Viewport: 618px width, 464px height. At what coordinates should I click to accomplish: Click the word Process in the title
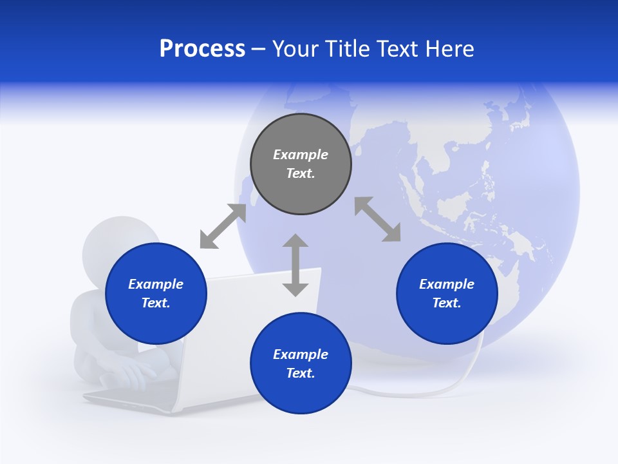coord(202,49)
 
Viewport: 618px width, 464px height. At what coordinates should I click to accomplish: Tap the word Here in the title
coord(449,49)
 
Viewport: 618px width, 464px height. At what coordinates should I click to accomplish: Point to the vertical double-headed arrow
coord(295,265)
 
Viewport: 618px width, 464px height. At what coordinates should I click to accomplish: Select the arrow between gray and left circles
coord(223,226)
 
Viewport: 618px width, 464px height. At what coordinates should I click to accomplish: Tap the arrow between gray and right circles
coord(377,220)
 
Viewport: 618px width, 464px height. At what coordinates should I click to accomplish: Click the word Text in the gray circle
coord(300,173)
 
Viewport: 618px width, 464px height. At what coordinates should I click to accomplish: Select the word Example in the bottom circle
coord(301,354)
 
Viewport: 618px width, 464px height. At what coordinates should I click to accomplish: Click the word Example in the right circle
coord(447,284)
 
